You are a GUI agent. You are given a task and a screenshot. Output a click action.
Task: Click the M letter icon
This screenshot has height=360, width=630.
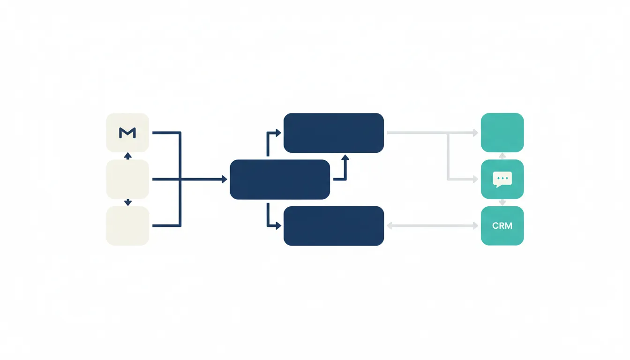point(127,133)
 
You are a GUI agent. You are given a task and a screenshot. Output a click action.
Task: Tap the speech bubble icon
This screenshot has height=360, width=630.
point(502,180)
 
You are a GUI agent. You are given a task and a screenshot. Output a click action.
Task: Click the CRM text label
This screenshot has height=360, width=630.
point(502,225)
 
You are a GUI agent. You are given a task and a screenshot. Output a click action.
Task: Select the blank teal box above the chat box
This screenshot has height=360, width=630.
point(502,133)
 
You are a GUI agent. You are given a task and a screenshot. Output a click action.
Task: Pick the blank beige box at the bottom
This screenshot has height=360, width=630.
point(127,226)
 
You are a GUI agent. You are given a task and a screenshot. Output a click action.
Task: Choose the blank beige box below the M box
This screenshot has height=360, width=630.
point(127,179)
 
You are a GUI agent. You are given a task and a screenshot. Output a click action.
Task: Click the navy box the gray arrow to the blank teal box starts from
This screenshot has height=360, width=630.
point(334,133)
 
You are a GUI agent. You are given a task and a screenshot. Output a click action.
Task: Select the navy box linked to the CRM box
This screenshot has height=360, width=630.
point(334,226)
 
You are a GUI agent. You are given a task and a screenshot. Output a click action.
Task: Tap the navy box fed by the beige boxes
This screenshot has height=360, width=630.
point(280,180)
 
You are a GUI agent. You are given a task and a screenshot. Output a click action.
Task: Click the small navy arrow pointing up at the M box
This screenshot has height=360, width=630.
point(128,156)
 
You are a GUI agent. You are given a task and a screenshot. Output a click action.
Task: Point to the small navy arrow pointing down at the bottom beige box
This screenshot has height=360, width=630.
point(128,202)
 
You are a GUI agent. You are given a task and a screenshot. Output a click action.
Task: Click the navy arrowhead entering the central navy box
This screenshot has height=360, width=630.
point(225,179)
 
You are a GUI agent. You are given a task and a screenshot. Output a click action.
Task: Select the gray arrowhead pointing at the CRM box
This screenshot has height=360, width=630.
point(476,225)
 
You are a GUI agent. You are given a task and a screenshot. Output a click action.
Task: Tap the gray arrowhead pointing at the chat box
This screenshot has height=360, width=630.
point(476,179)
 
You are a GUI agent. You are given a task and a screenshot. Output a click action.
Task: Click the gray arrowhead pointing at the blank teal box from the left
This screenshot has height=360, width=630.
point(476,133)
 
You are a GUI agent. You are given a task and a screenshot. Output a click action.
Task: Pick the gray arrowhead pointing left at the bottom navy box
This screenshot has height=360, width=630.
point(390,225)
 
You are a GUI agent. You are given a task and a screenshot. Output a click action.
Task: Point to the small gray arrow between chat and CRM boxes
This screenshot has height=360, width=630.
point(502,202)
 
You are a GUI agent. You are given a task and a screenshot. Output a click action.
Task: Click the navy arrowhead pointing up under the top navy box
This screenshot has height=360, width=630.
point(345,157)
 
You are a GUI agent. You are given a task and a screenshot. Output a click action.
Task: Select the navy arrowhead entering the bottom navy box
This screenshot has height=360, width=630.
point(278,225)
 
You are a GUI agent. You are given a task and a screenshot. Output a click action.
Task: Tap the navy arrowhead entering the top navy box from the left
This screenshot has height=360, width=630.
point(278,133)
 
